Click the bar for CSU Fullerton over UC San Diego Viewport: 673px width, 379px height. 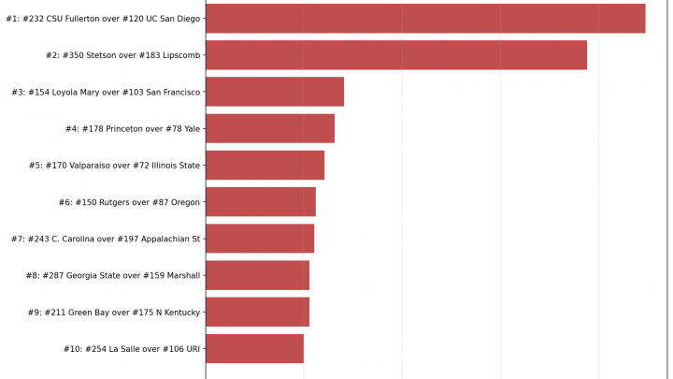[x=425, y=19]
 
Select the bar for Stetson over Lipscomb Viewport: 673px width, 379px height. [x=396, y=55]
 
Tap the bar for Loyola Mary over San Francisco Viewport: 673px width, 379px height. [x=275, y=92]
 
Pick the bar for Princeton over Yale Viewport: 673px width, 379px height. [x=270, y=128]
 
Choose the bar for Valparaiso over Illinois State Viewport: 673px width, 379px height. [x=265, y=166]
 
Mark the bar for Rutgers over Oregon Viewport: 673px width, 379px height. [x=261, y=202]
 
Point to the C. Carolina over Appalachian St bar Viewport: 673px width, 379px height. [x=260, y=239]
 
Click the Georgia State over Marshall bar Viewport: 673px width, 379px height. [x=257, y=275]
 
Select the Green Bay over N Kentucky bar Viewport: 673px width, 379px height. [x=257, y=312]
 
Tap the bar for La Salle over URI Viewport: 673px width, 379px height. [x=254, y=348]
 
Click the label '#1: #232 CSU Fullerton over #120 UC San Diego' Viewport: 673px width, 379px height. [x=103, y=19]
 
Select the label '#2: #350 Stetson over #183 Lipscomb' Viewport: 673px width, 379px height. [x=123, y=55]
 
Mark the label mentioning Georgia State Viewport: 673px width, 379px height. [x=110, y=275]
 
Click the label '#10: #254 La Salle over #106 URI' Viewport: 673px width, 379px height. [x=132, y=348]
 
